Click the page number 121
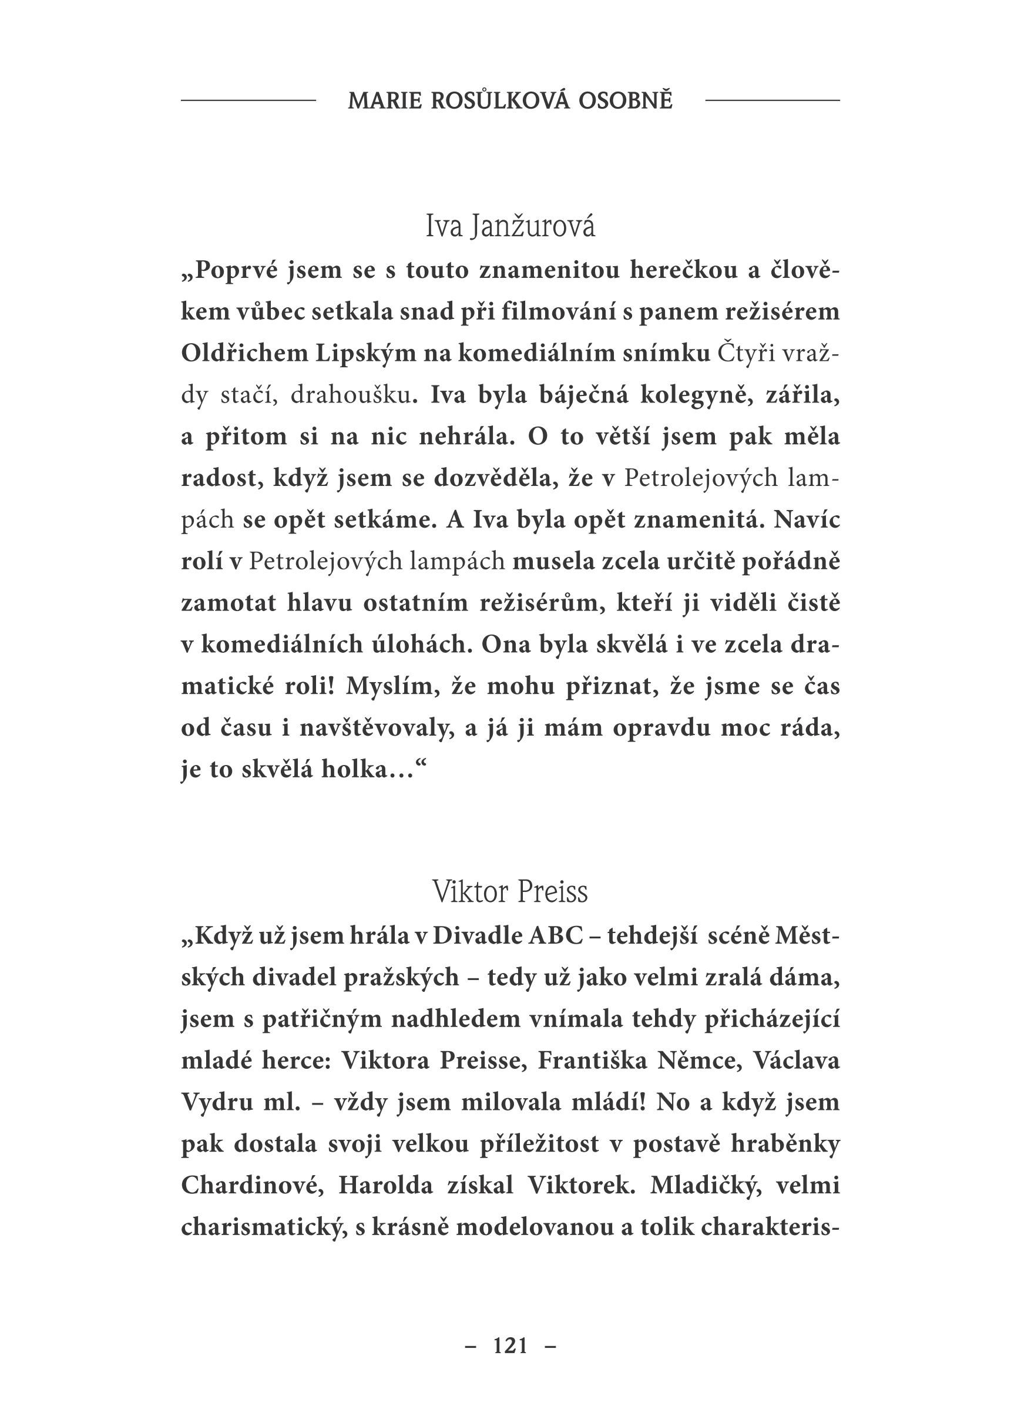click(510, 1346)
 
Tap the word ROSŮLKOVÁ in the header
click(501, 101)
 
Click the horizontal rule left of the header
click(248, 100)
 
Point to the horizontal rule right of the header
click(772, 100)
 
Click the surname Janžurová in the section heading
click(532, 227)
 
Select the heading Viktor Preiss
click(510, 893)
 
